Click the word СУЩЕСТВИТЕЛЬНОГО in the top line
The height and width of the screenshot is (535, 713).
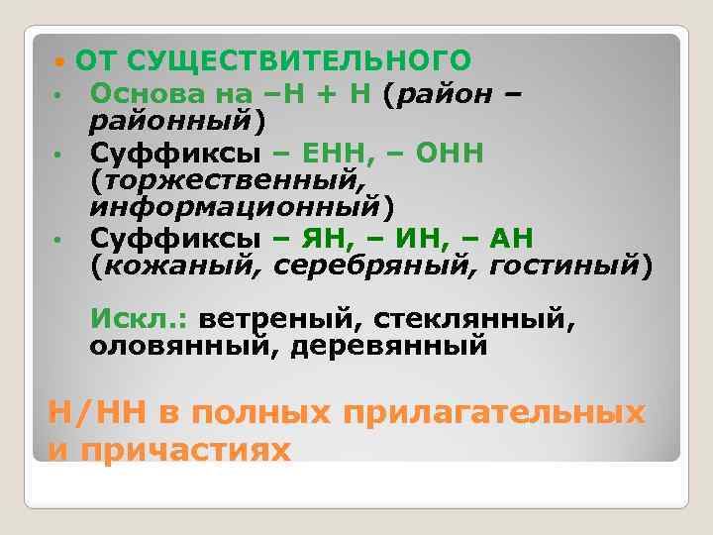(x=299, y=60)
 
